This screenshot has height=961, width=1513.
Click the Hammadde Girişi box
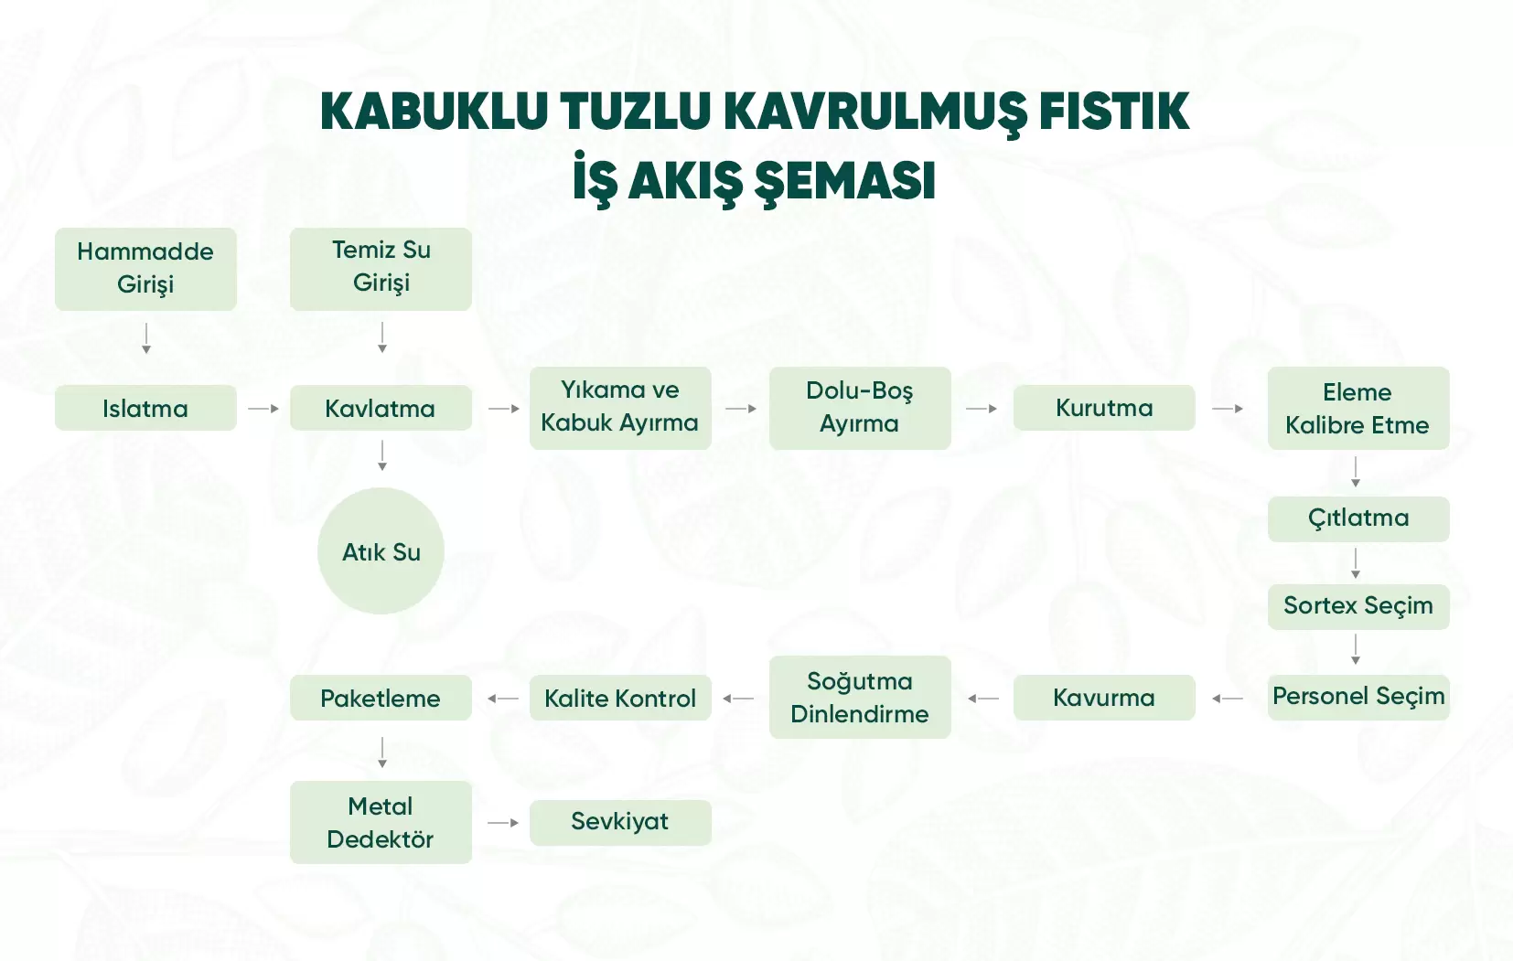pos(145,269)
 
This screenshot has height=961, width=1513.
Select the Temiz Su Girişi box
pos(381,269)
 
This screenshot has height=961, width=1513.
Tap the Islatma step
pos(145,408)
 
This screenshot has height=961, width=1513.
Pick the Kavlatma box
pos(381,408)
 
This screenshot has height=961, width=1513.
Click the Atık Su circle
pos(381,551)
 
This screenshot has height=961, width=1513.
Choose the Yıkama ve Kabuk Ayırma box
pos(620,408)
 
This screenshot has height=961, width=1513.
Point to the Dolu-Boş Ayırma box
pos(860,408)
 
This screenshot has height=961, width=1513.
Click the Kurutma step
pos(1104,408)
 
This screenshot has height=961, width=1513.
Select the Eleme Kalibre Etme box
pos(1358,408)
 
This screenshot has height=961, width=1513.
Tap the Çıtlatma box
pos(1358,518)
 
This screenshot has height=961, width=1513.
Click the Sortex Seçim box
pos(1358,606)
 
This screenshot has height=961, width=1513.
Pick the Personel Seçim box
pos(1358,697)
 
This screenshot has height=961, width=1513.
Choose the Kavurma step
pos(1104,697)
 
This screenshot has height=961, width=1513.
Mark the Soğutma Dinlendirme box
pos(860,697)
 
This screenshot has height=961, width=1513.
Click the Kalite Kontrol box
pos(620,697)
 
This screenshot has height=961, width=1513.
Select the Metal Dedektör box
pos(381,823)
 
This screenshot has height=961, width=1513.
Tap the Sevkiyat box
pos(620,823)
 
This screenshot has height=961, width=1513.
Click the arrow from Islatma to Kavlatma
pos(263,409)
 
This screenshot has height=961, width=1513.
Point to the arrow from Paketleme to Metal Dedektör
pos(382,753)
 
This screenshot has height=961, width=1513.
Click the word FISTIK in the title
pos(1114,112)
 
